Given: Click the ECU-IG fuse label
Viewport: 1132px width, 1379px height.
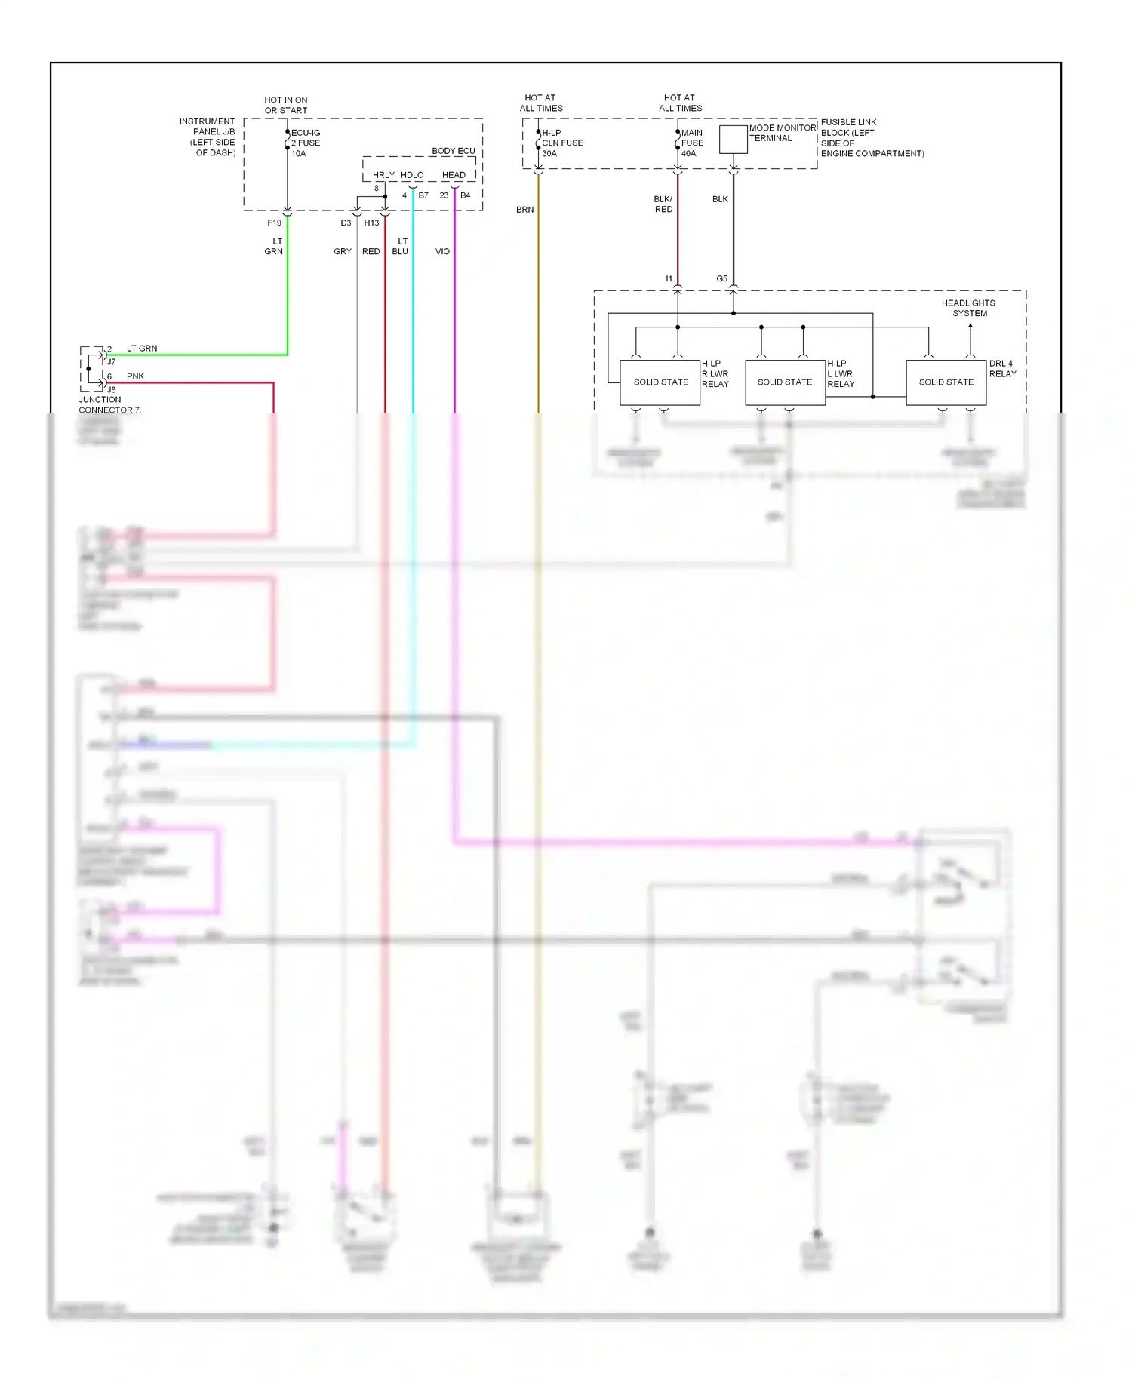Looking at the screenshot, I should tap(306, 143).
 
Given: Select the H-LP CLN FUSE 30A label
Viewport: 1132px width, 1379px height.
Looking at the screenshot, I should tap(561, 143).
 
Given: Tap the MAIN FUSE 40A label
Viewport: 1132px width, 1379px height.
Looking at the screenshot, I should tap(691, 143).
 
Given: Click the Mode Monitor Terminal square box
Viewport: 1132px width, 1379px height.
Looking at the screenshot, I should tap(733, 140).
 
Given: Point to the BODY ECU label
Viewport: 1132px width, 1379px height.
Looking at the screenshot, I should tap(453, 151).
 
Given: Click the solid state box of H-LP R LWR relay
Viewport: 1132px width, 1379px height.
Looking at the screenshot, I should tap(660, 382).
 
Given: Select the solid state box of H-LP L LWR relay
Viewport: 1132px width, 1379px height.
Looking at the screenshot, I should tap(785, 382).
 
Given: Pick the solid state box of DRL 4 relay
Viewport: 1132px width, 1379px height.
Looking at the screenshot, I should tap(946, 382).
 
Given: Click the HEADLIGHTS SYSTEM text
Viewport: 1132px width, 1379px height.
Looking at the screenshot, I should tap(968, 308).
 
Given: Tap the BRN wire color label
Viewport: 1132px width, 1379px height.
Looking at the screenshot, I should tap(524, 210).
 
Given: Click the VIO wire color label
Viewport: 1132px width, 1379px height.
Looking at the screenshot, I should tap(442, 251).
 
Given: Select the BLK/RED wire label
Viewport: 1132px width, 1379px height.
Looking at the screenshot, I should tap(663, 204).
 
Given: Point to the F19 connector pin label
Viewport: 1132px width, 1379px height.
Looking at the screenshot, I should tap(274, 223).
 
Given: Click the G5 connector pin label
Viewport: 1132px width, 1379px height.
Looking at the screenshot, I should tap(721, 278).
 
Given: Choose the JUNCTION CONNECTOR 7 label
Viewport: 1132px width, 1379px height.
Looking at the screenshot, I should tap(109, 405).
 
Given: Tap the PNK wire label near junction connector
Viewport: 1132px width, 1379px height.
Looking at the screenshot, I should tap(135, 376).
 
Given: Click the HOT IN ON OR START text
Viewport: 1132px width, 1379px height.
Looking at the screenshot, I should tap(285, 105).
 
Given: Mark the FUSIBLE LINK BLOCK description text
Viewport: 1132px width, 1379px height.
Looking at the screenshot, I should tap(871, 137).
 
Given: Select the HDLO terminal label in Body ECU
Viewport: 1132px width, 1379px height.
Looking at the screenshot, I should tap(411, 175).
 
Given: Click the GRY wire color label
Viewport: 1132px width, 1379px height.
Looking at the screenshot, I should tap(343, 251).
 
